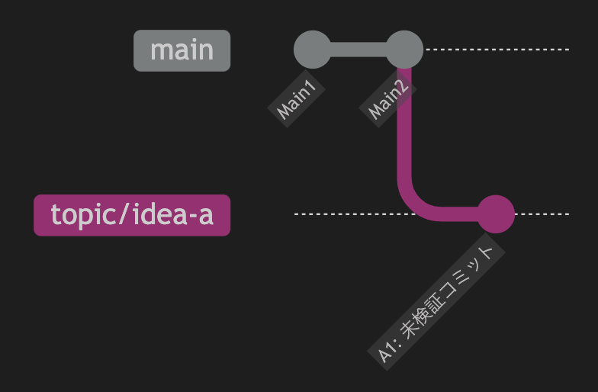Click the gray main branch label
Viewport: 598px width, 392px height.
182,50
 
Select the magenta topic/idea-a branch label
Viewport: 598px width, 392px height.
132,215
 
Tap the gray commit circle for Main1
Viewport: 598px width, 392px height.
313,50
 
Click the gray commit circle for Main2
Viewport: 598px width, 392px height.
404,50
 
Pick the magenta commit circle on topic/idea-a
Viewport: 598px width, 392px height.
496,214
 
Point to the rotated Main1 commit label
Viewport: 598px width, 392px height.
296,98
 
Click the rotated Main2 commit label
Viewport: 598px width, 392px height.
387,98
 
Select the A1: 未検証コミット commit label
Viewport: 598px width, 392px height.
436,302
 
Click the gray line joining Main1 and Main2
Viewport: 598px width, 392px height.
358,50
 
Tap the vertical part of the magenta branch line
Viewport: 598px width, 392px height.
404,122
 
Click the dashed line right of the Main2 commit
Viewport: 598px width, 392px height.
497,50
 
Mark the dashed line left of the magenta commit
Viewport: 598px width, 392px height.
355,214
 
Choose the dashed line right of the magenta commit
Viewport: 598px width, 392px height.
542,214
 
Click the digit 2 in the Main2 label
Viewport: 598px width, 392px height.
401,87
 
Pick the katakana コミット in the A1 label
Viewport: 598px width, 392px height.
468,272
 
